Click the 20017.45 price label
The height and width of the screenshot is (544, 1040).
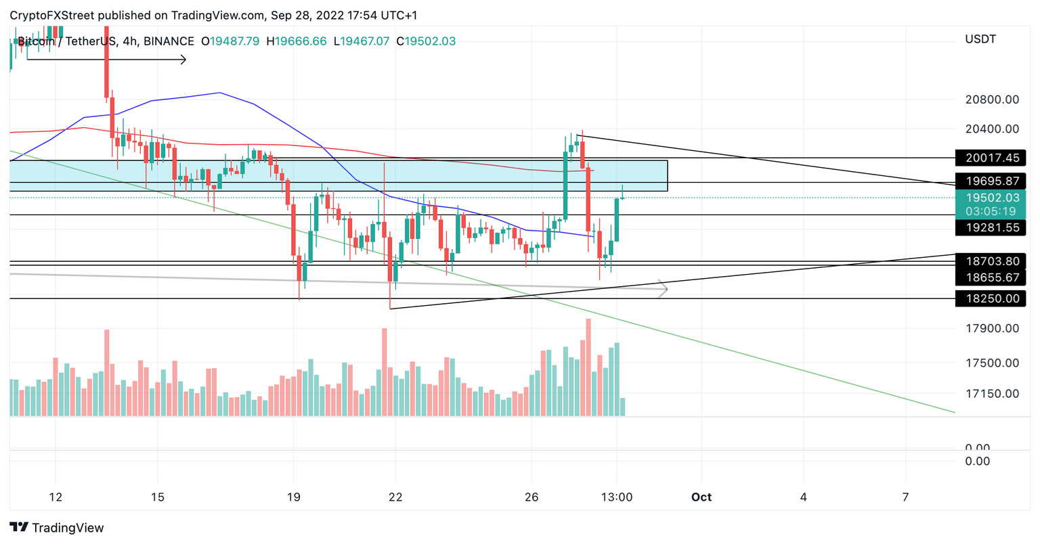[991, 158]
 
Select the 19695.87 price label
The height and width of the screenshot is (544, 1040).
[991, 181]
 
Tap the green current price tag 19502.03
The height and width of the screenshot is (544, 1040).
[991, 198]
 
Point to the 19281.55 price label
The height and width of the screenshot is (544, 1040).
[991, 228]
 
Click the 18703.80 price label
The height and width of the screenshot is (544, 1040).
[991, 261]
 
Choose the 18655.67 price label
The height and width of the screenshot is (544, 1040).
[991, 277]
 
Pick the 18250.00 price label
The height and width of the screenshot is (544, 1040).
[991, 298]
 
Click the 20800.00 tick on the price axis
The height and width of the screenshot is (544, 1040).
[992, 100]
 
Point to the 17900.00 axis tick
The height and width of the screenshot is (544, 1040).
[992, 329]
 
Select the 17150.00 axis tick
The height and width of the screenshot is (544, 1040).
[992, 394]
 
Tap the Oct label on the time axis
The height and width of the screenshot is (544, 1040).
[701, 497]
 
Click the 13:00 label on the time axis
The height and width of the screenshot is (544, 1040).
[617, 497]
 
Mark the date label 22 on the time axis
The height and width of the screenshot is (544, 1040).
[395, 497]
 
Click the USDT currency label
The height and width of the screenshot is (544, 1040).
[980, 39]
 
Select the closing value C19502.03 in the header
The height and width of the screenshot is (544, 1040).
[426, 41]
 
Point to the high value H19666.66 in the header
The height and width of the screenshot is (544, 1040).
[296, 41]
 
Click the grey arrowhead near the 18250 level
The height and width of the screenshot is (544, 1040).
[664, 290]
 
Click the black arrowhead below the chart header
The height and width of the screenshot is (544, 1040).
[183, 60]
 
